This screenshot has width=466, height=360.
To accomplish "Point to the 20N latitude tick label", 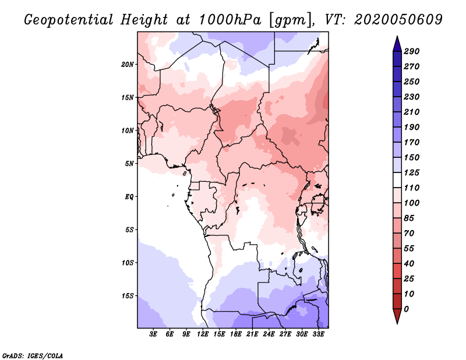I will [128, 64].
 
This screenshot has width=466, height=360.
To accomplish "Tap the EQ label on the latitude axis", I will [129, 197].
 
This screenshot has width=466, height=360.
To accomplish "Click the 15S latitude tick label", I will [128, 296].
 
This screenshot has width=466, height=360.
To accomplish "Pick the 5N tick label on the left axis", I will [129, 164].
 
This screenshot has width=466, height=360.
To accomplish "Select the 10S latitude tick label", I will [128, 263].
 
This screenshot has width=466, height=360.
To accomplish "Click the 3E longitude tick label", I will [154, 334].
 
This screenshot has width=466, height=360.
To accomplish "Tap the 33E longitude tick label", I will [318, 334].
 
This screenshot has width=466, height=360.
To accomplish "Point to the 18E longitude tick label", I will [236, 334].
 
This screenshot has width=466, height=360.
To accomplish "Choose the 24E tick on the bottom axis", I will [269, 334].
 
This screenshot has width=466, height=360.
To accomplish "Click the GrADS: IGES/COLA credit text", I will [24, 355].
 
